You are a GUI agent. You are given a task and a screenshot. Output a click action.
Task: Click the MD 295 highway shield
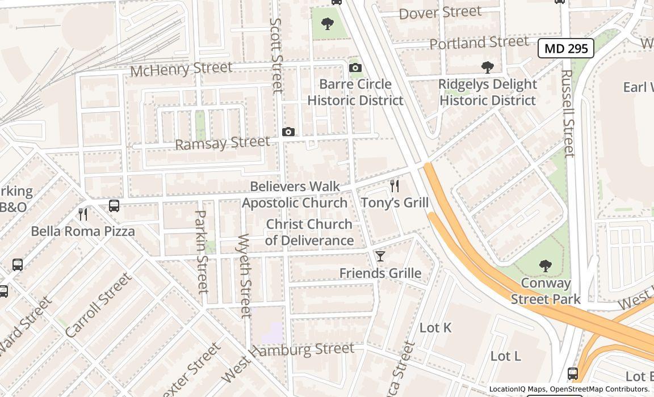[565, 49]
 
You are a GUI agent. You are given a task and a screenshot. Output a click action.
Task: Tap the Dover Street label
[440, 12]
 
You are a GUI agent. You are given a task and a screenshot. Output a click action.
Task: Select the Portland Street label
[471, 43]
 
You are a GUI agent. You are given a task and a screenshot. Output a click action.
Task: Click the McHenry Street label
[181, 69]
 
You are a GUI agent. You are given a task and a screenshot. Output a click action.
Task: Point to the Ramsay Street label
[222, 143]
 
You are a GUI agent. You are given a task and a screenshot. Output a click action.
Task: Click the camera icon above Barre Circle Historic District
[355, 68]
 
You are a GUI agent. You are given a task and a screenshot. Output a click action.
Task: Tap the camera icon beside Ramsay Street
[288, 132]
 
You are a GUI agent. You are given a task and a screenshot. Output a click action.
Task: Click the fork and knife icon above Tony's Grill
[395, 186]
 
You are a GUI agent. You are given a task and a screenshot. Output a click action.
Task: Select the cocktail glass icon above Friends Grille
[380, 256]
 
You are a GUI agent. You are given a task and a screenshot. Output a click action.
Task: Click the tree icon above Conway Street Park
[545, 266]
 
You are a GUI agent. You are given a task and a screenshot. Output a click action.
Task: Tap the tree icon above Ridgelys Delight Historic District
[487, 67]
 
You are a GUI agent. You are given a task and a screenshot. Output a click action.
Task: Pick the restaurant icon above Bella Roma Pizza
[83, 214]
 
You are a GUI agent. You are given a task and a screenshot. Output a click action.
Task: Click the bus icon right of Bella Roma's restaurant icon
[114, 206]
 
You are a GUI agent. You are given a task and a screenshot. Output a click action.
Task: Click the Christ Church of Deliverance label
[309, 233]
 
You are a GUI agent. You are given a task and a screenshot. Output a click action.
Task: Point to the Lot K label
[435, 328]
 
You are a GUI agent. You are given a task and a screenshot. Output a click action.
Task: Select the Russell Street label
[568, 113]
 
